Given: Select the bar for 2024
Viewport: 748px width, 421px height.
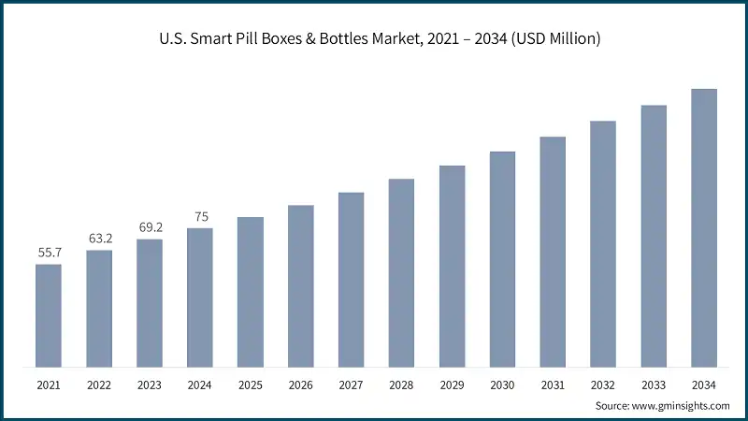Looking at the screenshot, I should (200, 297).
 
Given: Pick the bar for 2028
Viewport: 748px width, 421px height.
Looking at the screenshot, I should (401, 272).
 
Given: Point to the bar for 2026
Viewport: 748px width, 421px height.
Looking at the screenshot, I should (300, 285).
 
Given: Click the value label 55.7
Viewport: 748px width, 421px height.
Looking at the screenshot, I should (49, 253).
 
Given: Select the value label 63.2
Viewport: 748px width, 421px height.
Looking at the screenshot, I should (99, 239).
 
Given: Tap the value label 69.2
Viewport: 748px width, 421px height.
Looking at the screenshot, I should (150, 227).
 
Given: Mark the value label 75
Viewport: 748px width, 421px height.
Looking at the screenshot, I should (200, 216).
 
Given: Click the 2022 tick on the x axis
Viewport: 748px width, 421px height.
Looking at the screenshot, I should (99, 384).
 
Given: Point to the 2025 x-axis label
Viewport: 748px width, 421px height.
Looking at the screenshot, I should (251, 384).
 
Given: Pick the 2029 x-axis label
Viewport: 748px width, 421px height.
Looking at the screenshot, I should (452, 384).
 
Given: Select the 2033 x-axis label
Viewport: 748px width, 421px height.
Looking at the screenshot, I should (654, 384).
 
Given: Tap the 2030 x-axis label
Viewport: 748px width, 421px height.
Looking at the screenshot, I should (502, 384).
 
